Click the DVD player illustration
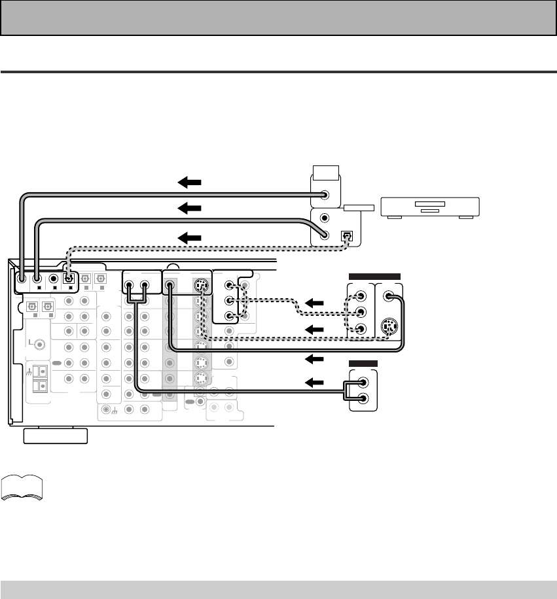coord(431,207)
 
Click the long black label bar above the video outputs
coord(376,276)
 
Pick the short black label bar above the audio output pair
coord(363,364)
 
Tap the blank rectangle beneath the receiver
coord(56,436)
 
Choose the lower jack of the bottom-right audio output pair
coord(363,400)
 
